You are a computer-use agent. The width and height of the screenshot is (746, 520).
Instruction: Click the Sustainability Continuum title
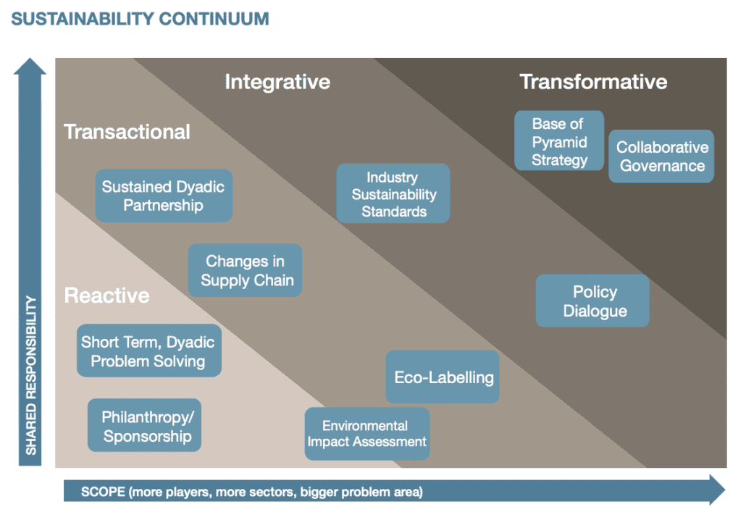pyautogui.click(x=140, y=19)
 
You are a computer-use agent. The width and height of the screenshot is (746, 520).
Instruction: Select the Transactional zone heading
pyautogui.click(x=127, y=132)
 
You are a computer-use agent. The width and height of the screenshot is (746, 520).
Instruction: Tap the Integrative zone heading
pyautogui.click(x=277, y=82)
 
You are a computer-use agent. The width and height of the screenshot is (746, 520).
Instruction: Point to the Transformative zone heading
pyautogui.click(x=593, y=82)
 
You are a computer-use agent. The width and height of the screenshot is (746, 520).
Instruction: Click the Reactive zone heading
pyautogui.click(x=107, y=295)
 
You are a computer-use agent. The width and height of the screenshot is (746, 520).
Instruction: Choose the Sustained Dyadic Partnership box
pyautogui.click(x=164, y=196)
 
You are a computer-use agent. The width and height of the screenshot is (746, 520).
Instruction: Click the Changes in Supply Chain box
pyautogui.click(x=245, y=270)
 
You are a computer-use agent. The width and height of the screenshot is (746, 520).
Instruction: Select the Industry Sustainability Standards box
pyautogui.click(x=393, y=193)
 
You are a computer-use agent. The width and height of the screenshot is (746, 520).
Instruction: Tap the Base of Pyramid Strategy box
pyautogui.click(x=559, y=141)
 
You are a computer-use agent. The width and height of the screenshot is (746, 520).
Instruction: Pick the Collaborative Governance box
pyautogui.click(x=661, y=156)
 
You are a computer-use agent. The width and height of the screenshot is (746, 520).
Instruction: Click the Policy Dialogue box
pyautogui.click(x=592, y=301)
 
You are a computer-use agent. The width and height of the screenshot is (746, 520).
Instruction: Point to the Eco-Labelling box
pyautogui.click(x=443, y=377)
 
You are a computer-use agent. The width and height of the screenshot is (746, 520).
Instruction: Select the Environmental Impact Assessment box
pyautogui.click(x=366, y=433)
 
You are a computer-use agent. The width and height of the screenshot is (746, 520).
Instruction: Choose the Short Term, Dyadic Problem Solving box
pyautogui.click(x=149, y=351)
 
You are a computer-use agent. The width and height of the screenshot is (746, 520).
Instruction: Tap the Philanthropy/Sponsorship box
pyautogui.click(x=144, y=425)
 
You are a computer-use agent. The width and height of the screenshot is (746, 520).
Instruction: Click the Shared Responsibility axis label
pyautogui.click(x=30, y=375)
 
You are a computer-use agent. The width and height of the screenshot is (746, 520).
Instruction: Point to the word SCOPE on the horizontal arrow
pyautogui.click(x=103, y=492)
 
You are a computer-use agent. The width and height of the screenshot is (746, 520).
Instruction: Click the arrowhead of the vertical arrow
pyautogui.click(x=30, y=66)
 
